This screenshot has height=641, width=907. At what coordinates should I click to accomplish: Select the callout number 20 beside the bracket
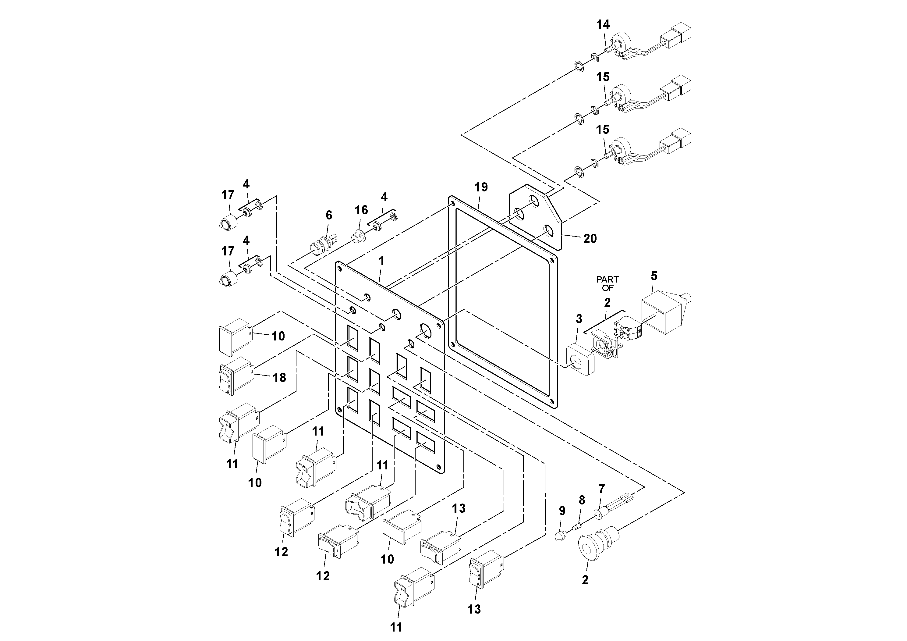point(590,238)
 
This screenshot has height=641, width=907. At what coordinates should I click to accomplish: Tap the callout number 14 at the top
point(603,24)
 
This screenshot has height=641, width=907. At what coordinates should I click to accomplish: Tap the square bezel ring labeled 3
point(580,358)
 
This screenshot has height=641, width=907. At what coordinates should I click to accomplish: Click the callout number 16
point(361,210)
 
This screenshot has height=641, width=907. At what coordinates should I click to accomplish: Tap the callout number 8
point(582,500)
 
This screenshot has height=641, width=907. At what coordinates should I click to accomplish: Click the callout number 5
point(654,276)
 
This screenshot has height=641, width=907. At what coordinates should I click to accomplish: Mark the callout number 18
point(279,377)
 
